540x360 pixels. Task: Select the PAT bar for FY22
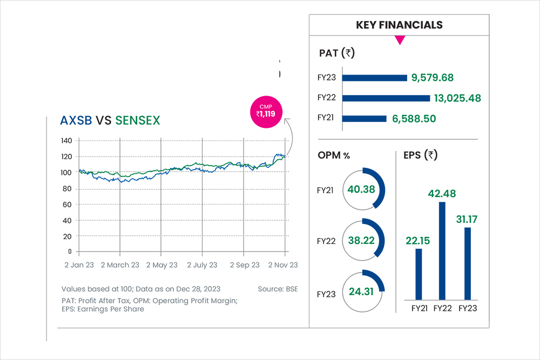(386, 98)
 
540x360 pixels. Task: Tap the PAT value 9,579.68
(432, 78)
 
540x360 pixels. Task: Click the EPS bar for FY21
(418, 274)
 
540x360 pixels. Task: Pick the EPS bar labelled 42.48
(442, 250)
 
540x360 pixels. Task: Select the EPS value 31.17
(468, 220)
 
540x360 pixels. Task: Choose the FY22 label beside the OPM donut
(326, 241)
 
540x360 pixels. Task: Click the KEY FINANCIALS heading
(399, 25)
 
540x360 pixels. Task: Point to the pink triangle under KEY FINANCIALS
(400, 39)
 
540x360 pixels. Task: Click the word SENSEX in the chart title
(138, 120)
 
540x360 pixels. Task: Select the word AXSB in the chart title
(77, 120)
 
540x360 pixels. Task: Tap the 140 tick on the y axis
(66, 140)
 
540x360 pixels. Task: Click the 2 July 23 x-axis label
(202, 265)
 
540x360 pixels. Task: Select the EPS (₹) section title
(420, 155)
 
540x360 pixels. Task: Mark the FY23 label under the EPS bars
(467, 308)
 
